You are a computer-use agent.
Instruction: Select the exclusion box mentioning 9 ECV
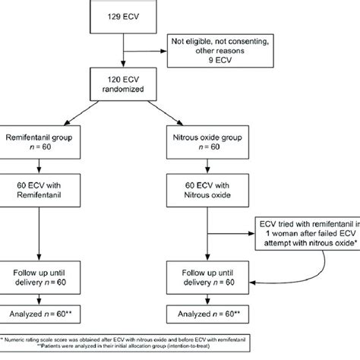pos(215,52)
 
